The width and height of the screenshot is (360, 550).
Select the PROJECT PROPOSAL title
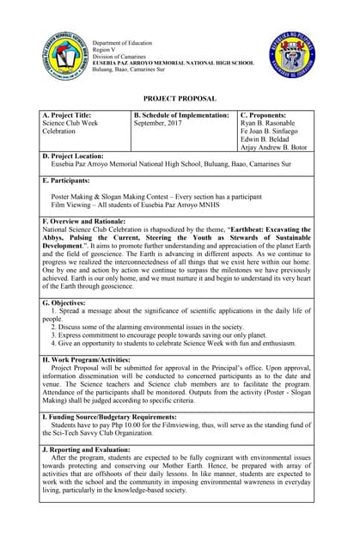(180, 100)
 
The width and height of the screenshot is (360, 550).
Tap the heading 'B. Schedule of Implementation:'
(181, 115)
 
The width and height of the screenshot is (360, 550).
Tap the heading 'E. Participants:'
(66, 181)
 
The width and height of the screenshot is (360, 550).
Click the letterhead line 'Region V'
(105, 50)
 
